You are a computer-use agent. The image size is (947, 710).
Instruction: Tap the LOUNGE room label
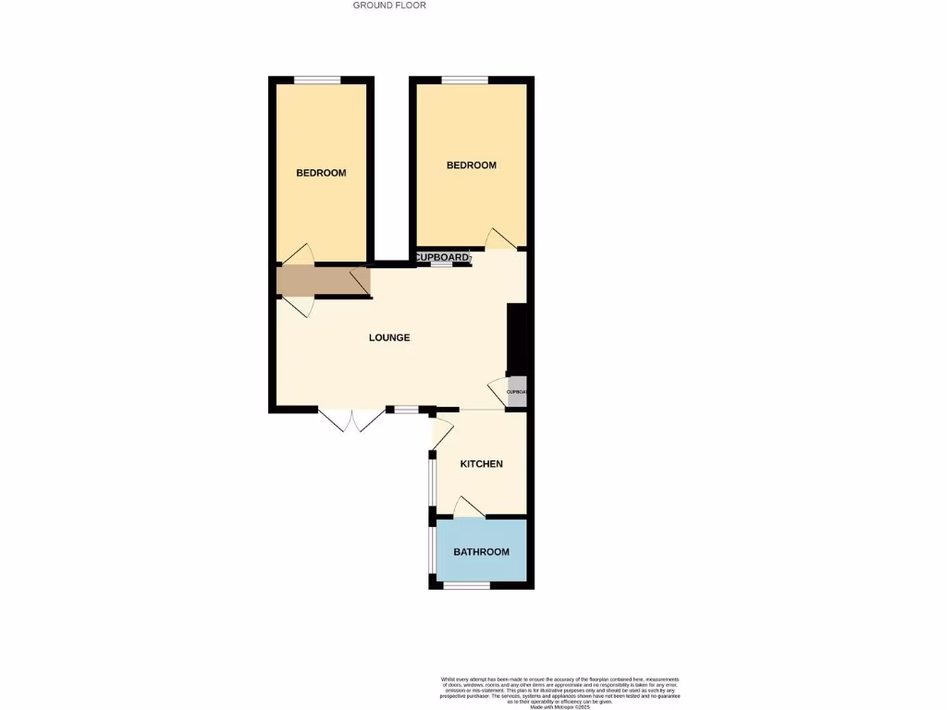coord(389,337)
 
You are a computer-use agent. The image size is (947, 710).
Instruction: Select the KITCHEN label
coord(482,464)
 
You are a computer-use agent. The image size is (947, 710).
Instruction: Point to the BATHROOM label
coord(481,552)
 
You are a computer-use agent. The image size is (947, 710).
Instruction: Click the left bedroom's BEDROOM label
coord(321,173)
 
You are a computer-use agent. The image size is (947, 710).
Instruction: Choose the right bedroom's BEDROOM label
coord(472,165)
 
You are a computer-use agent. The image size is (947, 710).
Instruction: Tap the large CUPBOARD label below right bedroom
coord(441,257)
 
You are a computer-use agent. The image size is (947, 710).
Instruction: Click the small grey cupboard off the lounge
coord(517,391)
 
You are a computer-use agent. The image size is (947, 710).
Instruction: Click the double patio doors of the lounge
coord(352,421)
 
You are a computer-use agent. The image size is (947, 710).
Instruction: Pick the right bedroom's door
coord(500,239)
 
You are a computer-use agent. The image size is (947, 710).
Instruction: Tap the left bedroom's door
coord(297,255)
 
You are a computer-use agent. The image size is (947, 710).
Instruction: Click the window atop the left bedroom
coord(317,80)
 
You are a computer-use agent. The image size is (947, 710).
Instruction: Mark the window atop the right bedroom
coord(464,80)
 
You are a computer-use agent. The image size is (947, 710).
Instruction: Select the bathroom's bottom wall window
coord(466,585)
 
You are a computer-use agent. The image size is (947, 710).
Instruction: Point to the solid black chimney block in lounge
coord(517,338)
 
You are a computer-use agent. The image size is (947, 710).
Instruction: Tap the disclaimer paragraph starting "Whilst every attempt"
coord(560,692)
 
